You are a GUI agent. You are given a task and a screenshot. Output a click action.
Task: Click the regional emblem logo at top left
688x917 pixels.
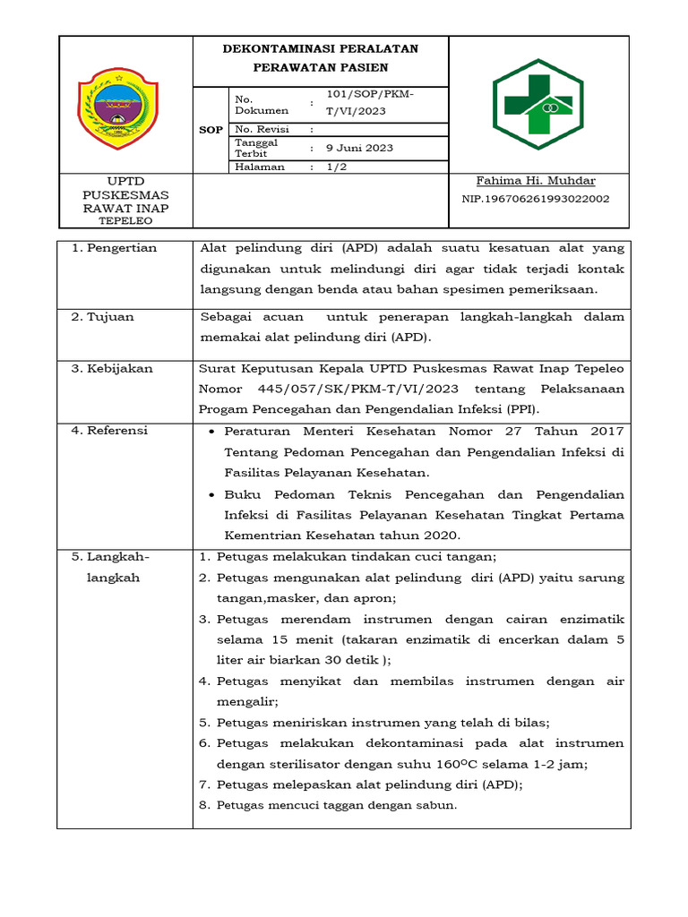tap(118, 104)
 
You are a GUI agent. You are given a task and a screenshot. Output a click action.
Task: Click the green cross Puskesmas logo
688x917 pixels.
tap(537, 104)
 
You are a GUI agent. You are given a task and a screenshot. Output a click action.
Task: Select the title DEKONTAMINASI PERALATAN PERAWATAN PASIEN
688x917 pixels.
tap(320, 58)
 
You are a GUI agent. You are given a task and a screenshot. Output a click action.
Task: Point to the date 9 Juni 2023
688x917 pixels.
tap(359, 148)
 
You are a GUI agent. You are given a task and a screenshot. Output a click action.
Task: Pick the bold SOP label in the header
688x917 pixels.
tap(211, 130)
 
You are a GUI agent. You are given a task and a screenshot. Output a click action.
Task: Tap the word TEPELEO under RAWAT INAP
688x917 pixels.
tap(125, 221)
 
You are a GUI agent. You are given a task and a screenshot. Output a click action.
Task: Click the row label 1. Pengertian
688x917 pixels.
tap(115, 248)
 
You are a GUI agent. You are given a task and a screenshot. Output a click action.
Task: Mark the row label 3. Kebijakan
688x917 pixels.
tap(113, 368)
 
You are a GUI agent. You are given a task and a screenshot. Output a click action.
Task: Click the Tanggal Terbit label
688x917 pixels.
tap(256, 148)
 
